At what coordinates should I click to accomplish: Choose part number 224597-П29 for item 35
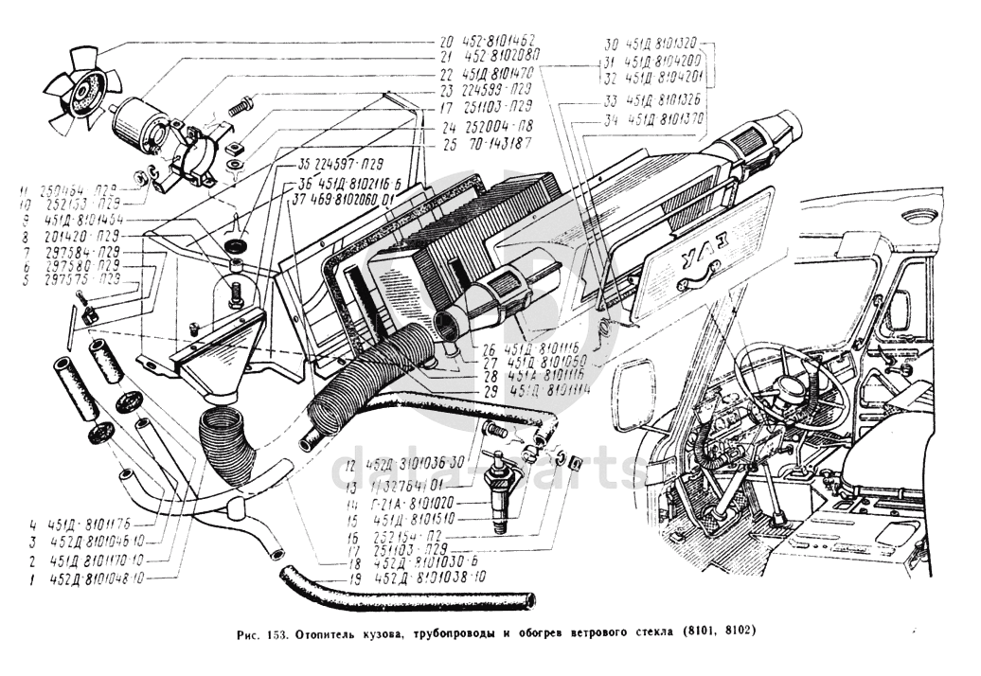pyautogui.click(x=334, y=162)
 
